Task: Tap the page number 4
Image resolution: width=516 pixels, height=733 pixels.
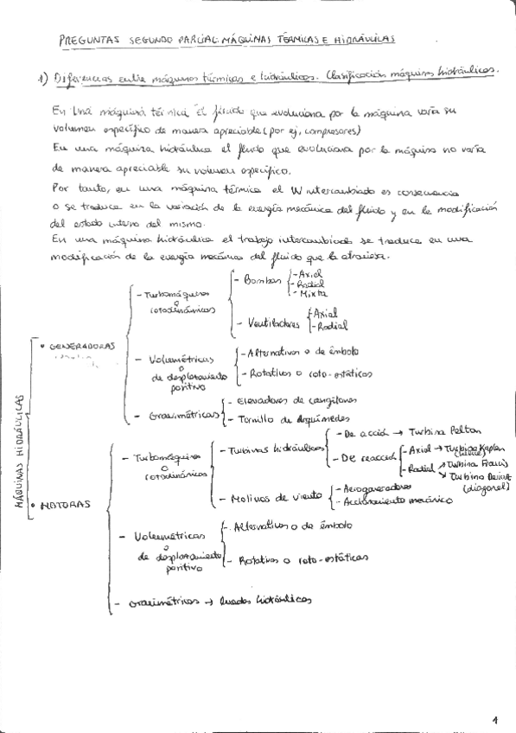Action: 495,718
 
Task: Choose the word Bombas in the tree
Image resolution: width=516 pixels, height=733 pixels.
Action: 263,283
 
